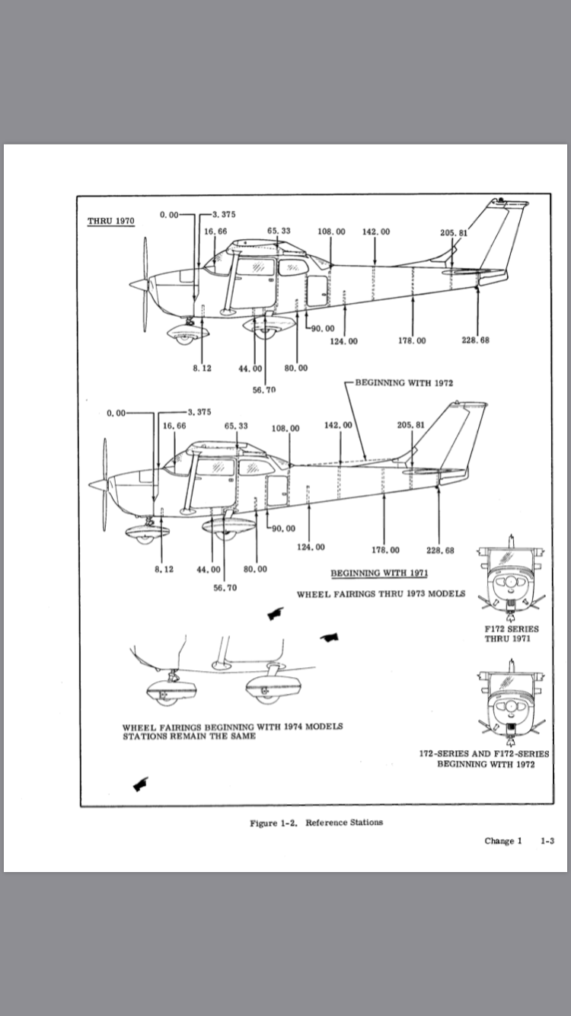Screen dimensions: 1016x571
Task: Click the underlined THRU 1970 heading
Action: (111, 222)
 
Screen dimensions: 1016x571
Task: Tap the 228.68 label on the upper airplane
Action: (475, 340)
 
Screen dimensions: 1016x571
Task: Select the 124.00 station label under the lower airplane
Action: (310, 547)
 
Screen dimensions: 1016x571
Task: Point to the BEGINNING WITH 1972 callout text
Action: (404, 383)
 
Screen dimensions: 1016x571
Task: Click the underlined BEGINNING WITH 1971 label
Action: (378, 573)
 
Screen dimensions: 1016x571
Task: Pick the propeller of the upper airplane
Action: (145, 284)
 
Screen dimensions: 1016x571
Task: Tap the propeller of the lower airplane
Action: (104, 484)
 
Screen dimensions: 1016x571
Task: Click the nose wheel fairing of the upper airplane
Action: (183, 334)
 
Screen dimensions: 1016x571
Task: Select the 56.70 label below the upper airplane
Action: (263, 389)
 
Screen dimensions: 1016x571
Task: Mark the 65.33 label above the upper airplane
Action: (278, 231)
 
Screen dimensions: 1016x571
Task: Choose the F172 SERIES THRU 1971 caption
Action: (511, 634)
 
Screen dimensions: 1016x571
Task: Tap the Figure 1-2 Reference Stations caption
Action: (316, 823)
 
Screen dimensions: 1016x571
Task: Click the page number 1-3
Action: (547, 842)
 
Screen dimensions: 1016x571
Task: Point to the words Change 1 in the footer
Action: (503, 842)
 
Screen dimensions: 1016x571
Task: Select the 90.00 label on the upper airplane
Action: (322, 328)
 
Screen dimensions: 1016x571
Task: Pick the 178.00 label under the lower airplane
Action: (385, 550)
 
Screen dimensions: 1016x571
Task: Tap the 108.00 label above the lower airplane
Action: (285, 428)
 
